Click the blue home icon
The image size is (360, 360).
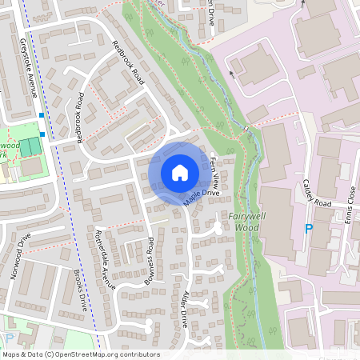[x=180, y=173]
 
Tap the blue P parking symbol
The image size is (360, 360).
[x=309, y=230]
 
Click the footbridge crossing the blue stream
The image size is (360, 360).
[x=247, y=129]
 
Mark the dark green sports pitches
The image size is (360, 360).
[x=30, y=147]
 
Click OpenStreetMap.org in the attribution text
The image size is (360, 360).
[x=86, y=354]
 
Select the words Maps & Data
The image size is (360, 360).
[x=22, y=354]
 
